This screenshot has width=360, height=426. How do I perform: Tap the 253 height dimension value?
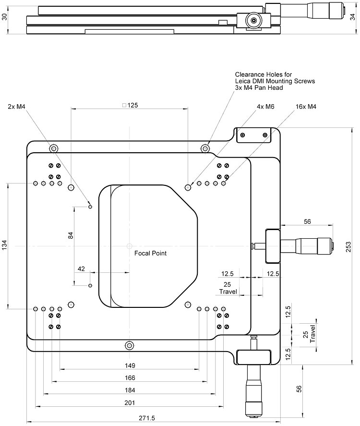pyautogui.click(x=349, y=246)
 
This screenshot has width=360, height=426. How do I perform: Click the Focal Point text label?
pyautogui.click(x=150, y=253)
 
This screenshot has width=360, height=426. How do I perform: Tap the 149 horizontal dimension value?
pyautogui.click(x=130, y=365)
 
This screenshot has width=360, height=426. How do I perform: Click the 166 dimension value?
pyautogui.click(x=130, y=377)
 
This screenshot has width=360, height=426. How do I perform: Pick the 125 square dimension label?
pyautogui.click(x=130, y=105)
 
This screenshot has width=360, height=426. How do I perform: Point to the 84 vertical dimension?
pyautogui.click(x=71, y=235)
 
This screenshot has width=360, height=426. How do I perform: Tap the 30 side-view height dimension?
pyautogui.click(x=4, y=16)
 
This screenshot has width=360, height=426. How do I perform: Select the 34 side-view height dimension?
pyautogui.click(x=354, y=16)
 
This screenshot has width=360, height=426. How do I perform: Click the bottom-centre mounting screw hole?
pyautogui.click(x=129, y=345)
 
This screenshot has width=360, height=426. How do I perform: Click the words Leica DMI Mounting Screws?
pyautogui.click(x=275, y=81)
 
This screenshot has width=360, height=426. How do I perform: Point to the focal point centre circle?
pyautogui.click(x=129, y=245)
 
